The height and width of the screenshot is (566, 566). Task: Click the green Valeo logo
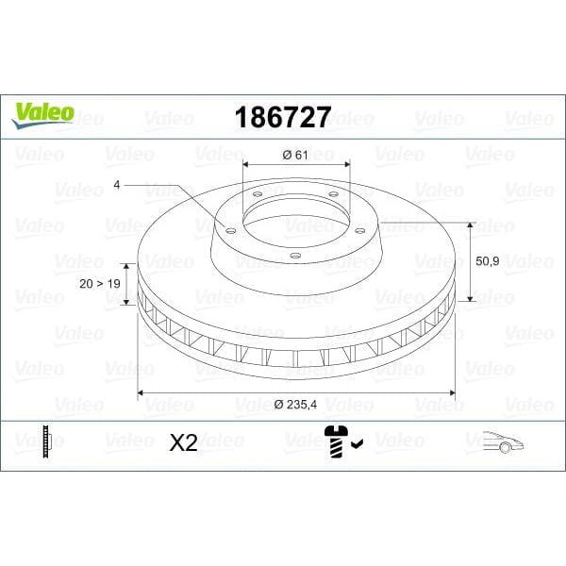(x=42, y=111)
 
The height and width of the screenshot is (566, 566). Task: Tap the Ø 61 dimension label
(x=296, y=155)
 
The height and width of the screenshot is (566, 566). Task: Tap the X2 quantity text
(x=183, y=443)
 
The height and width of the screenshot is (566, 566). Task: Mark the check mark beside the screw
(x=358, y=440)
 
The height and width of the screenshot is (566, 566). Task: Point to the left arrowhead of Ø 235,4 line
(x=141, y=391)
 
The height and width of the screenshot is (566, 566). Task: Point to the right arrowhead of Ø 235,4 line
(x=451, y=391)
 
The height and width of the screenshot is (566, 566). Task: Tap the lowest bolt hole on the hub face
(x=293, y=254)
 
